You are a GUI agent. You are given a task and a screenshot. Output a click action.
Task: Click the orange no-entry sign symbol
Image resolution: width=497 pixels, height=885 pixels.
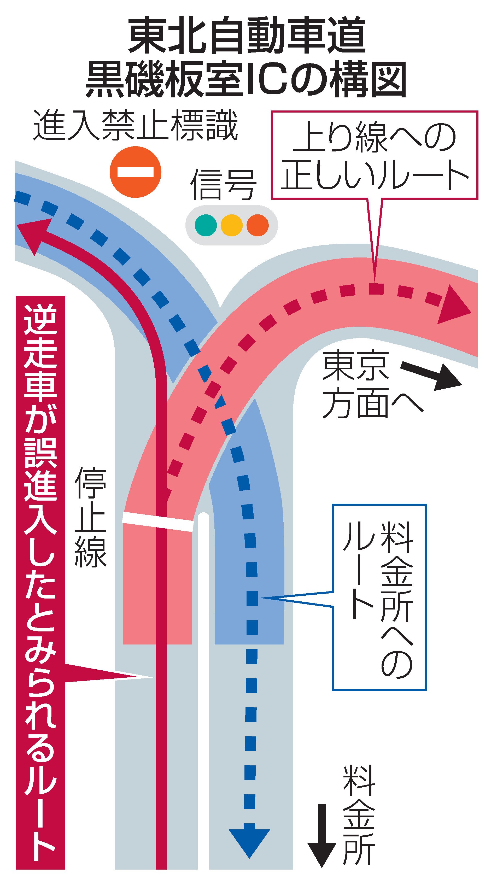136,172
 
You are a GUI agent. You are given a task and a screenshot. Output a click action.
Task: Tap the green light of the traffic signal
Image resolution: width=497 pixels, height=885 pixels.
206,225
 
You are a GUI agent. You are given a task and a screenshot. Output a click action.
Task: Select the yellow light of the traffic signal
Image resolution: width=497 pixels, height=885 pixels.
232,225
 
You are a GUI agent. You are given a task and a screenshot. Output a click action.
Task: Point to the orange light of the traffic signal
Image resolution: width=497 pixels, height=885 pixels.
258,225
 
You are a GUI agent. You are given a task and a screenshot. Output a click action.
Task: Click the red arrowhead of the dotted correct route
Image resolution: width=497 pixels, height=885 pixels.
454,304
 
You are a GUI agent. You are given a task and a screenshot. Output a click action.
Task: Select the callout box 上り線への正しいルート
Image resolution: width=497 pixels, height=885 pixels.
375,155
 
